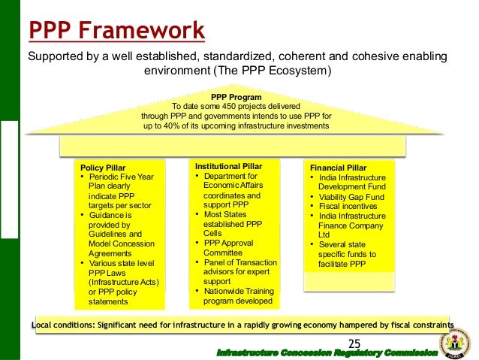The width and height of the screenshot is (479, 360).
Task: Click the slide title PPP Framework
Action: [116, 30]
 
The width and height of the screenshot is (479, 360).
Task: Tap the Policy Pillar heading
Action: [103, 168]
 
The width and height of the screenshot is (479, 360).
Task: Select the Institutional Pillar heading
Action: [228, 165]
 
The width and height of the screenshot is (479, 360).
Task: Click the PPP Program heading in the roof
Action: [236, 98]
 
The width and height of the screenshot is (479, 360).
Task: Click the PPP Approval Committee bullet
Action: [229, 248]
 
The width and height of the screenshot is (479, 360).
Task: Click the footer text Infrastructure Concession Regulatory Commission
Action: [326, 352]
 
